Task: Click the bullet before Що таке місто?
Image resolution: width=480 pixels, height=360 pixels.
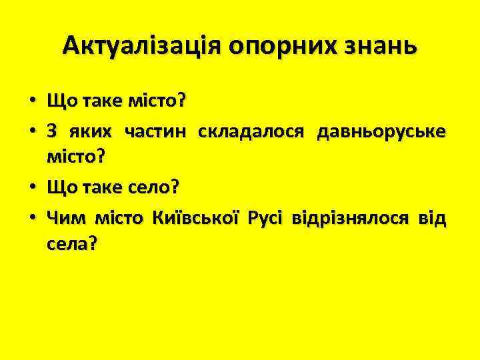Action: tap(32, 102)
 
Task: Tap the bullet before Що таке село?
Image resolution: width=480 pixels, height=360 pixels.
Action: tap(32, 188)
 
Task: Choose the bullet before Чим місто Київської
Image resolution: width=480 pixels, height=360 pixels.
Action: tap(32, 217)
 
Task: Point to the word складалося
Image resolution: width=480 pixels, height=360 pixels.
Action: tap(243, 130)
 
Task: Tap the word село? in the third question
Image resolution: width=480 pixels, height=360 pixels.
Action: tap(155, 187)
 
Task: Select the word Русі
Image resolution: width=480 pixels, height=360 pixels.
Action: tap(267, 216)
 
